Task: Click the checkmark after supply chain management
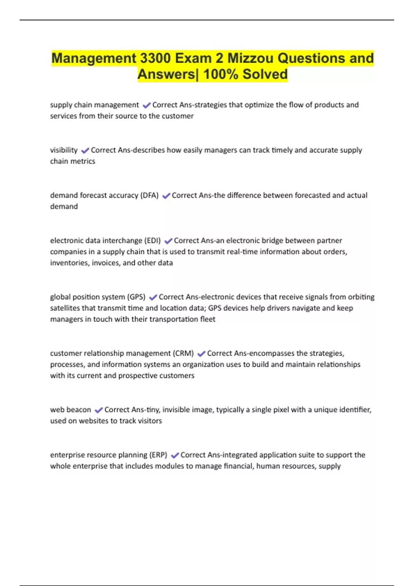click(147, 105)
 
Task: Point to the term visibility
click(64, 150)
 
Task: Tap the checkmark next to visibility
click(85, 150)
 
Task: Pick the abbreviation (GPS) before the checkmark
click(136, 297)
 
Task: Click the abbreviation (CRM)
click(184, 353)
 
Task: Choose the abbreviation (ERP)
click(158, 455)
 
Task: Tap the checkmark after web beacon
click(99, 410)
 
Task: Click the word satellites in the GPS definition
click(66, 308)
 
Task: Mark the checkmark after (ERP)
click(175, 455)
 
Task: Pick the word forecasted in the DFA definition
click(296, 195)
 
